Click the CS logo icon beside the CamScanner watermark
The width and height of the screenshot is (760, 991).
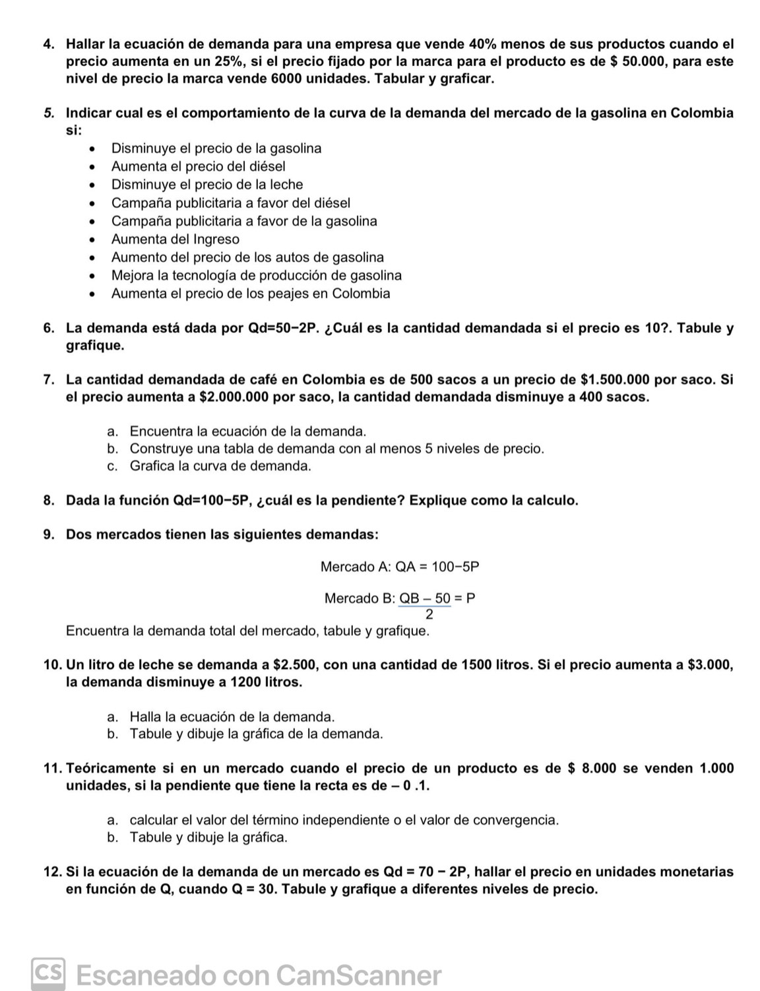[x=49, y=975]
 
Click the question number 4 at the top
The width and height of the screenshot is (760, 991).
[x=48, y=45]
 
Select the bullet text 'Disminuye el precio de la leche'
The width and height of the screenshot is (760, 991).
[x=206, y=185]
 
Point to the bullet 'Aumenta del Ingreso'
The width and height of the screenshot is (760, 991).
[x=175, y=240]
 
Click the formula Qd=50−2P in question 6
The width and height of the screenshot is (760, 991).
[x=282, y=329]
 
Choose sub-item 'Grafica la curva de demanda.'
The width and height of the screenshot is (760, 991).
[x=220, y=466]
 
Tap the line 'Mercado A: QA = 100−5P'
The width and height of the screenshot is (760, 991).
[x=399, y=567]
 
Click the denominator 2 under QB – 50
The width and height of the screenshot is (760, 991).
[x=429, y=615]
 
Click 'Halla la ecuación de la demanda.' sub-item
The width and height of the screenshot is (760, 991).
[x=232, y=717]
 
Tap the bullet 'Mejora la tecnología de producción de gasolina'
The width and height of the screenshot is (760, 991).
[x=256, y=276]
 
